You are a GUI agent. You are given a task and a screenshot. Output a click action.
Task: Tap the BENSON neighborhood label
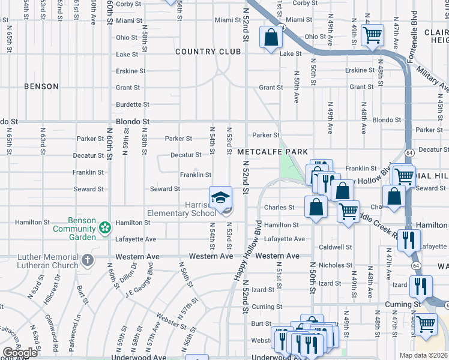pyautogui.click(x=41, y=86)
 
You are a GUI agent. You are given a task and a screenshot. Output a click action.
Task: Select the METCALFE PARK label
pyautogui.click(x=272, y=152)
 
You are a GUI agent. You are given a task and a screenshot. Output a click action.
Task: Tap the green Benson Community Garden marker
pyautogui.click(x=105, y=227)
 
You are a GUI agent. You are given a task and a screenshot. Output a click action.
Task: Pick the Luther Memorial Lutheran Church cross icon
pyautogui.click(x=88, y=260)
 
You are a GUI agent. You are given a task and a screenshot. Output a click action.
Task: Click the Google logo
pyautogui.click(x=20, y=352)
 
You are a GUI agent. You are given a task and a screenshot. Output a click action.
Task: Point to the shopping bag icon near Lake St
pyautogui.click(x=271, y=37)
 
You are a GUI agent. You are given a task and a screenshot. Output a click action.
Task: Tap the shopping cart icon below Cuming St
pyautogui.click(x=426, y=324)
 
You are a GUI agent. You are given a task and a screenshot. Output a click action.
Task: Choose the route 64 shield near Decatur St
pyautogui.click(x=408, y=152)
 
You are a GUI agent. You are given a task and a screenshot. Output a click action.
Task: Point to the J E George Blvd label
pyautogui.click(x=137, y=284)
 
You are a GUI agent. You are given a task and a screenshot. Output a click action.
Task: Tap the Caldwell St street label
pyautogui.click(x=336, y=247)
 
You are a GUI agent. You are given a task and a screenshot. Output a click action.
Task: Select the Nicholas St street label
pyautogui.click(x=335, y=265)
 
